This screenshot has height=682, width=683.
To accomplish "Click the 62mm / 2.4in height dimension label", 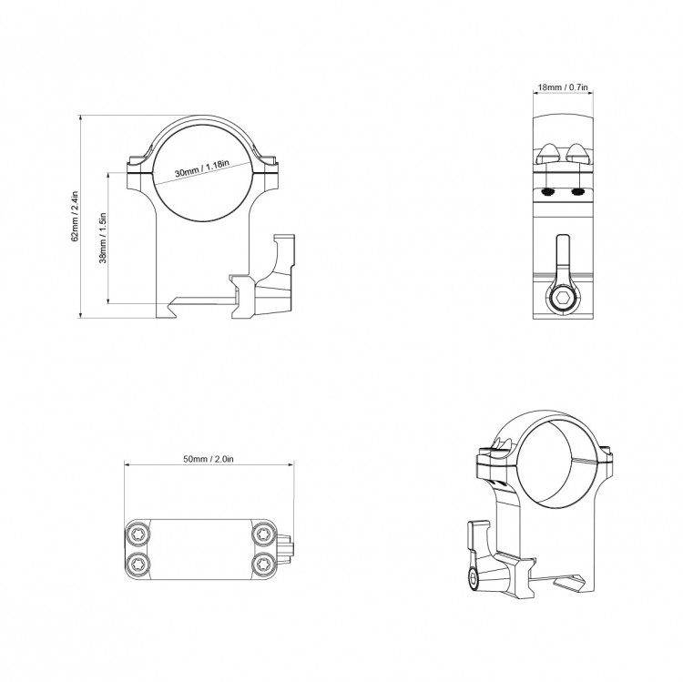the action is point(75,216).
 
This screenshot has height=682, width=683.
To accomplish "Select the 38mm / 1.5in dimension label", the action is point(103,238).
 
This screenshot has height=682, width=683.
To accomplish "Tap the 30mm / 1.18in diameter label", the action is point(201,168).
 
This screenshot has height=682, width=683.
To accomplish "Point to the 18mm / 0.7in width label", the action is point(563,87).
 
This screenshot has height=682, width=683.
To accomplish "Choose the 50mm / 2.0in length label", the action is point(209,459).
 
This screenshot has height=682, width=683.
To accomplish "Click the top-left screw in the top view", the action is point(138,534).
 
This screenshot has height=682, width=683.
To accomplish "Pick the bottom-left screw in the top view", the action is point(138,564).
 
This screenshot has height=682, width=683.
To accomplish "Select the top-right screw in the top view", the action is point(263,534).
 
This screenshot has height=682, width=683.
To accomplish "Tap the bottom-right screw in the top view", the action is point(263,564).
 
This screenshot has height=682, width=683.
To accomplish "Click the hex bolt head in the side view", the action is point(562,300).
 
